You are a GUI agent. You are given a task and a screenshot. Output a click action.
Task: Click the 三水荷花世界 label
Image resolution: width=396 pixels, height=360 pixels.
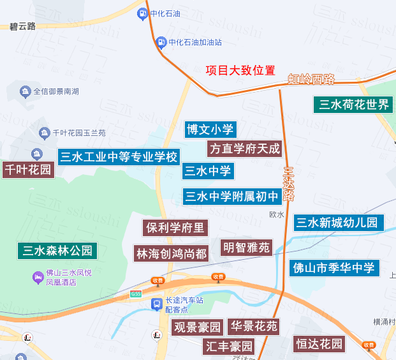(x=354, y=105)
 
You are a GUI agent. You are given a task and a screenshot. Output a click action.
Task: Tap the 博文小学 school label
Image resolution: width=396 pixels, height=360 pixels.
(x=210, y=130)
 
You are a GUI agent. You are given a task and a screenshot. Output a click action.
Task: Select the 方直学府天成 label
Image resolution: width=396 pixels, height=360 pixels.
(x=244, y=149)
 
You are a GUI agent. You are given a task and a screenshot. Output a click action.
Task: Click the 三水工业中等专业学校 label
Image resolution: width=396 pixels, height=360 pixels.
(x=119, y=157)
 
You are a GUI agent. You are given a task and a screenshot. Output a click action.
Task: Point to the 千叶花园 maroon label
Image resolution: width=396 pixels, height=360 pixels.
(x=27, y=170)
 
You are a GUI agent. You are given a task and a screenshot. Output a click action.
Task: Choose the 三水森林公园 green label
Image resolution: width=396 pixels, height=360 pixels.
(x=57, y=250)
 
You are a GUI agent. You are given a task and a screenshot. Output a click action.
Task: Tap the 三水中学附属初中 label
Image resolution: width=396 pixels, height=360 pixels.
(x=231, y=197)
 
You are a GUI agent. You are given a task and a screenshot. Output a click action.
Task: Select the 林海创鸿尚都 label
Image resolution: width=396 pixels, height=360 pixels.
(x=172, y=253)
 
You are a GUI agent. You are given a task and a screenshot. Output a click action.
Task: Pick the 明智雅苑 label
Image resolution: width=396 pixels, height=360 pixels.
(x=246, y=248)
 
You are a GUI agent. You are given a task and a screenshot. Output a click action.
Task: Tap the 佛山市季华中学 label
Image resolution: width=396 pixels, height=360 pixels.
(x=334, y=267)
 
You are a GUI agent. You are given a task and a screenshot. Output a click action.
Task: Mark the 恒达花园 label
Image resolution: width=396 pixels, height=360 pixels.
(x=319, y=344)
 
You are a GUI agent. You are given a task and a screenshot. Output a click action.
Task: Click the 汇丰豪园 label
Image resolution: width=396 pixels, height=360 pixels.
(x=229, y=347)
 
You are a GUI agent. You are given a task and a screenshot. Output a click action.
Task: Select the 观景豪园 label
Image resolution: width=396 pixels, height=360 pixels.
(x=198, y=328)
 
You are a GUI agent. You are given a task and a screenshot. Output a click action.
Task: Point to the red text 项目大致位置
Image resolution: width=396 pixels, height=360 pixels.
(x=240, y=70)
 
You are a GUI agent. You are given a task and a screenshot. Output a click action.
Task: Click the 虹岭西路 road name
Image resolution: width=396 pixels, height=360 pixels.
(x=311, y=80)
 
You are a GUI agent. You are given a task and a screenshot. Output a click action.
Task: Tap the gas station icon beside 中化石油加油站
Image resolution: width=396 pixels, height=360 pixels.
(x=161, y=43)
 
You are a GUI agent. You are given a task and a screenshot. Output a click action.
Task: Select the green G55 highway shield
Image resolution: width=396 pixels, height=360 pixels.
(x=135, y=294)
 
